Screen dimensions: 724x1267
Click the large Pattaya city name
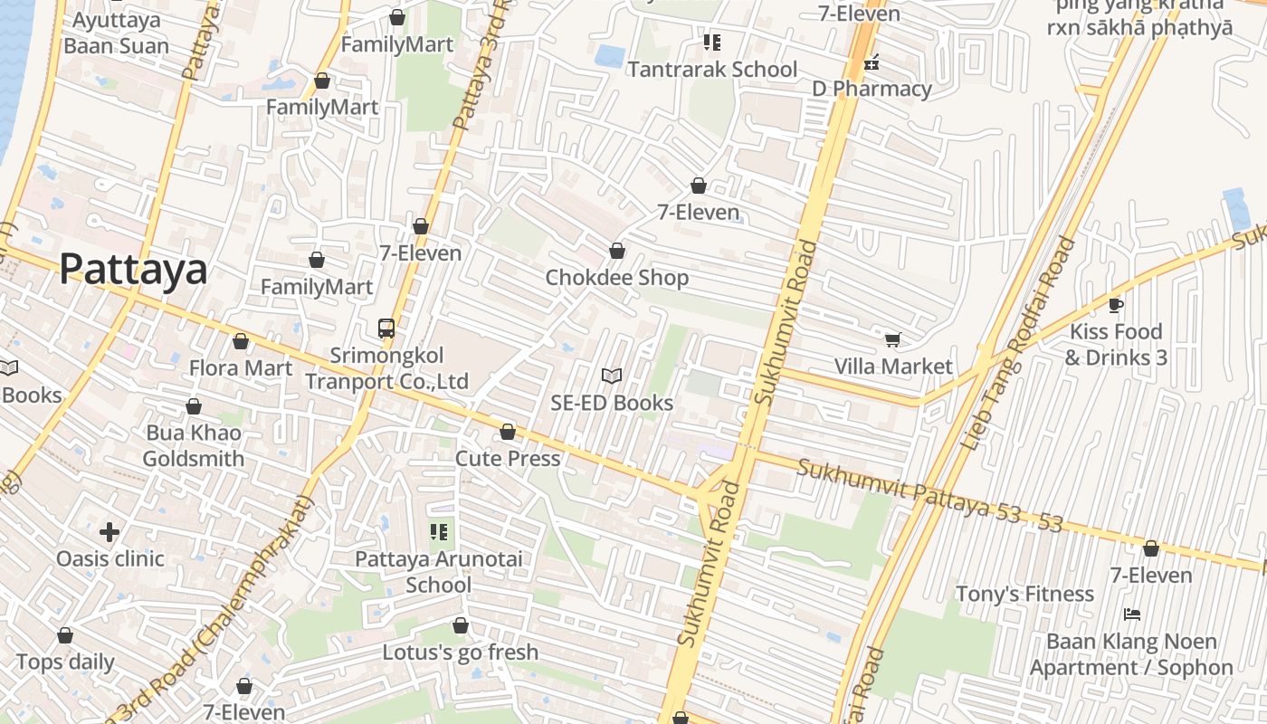(x=133, y=270)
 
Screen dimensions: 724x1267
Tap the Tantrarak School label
(x=712, y=70)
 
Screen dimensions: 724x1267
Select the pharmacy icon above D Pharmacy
(x=872, y=63)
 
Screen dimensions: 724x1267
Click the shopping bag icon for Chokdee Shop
(x=617, y=251)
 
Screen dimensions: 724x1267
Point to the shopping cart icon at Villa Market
(x=893, y=339)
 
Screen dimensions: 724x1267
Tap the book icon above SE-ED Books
(x=612, y=376)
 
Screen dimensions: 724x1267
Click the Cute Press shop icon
(x=508, y=432)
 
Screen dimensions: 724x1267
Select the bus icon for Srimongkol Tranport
(x=386, y=329)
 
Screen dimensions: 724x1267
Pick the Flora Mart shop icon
(x=241, y=341)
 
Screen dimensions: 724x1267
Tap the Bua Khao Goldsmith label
(x=193, y=445)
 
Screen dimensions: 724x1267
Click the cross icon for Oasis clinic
(x=110, y=531)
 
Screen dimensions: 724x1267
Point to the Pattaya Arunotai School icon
(x=439, y=531)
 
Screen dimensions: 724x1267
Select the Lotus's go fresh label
(x=460, y=652)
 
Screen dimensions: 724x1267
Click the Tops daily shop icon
(x=65, y=635)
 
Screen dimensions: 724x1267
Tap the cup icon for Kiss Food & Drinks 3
(x=1116, y=305)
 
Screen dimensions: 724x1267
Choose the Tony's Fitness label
(x=1025, y=594)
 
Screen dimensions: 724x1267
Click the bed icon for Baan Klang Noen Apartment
(x=1131, y=614)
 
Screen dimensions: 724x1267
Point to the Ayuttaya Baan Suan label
(x=116, y=33)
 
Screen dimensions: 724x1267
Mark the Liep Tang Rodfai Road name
(x=1019, y=345)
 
